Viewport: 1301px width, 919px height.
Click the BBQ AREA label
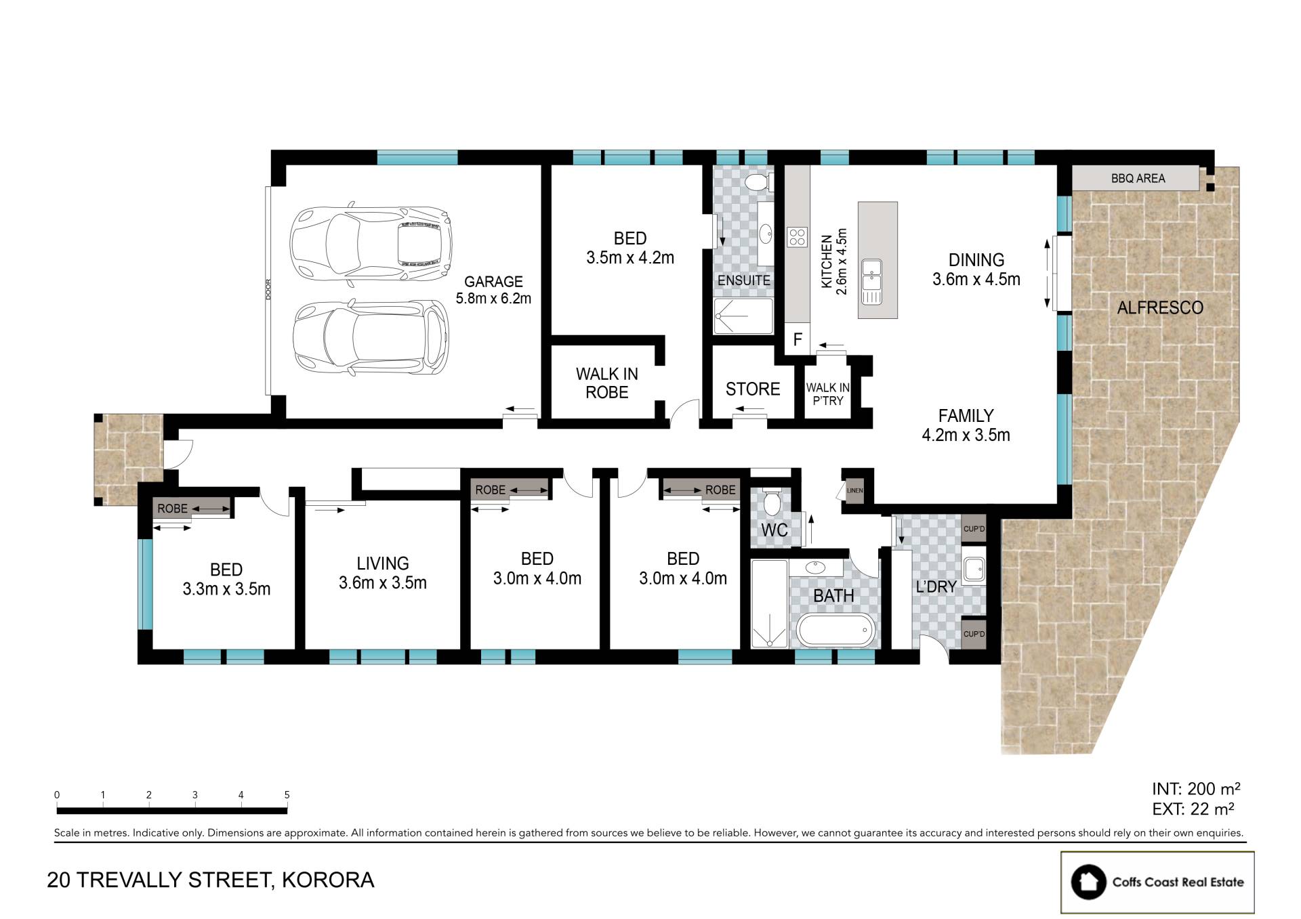1138,178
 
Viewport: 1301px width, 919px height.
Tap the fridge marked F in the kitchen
798,339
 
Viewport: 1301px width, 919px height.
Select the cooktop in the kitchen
798,237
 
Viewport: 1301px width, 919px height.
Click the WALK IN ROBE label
607,383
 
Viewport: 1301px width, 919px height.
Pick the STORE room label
753,389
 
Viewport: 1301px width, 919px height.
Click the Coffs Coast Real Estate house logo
1088,882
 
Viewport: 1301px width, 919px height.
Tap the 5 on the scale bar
287,795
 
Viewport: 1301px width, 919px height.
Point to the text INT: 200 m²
1196,789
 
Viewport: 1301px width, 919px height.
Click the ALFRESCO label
1160,307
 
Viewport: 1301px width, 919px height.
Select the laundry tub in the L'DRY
974,569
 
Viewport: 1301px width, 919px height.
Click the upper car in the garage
371,242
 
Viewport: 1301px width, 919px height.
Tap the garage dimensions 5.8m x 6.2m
493,298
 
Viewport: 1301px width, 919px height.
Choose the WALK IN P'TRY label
828,393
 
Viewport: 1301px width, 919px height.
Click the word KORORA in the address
328,880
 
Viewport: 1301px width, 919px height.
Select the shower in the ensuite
743,316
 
